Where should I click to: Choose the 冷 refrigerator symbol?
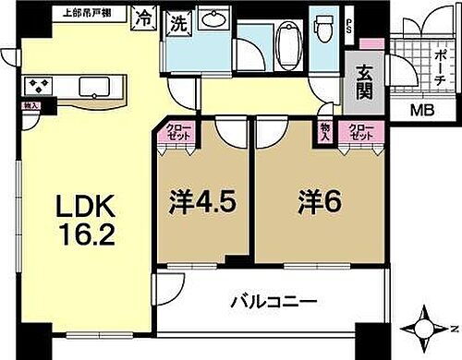click(x=146, y=16)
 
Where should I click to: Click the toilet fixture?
click(x=324, y=33)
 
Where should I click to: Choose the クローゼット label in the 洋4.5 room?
click(x=176, y=132)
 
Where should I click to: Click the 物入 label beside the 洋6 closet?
click(x=325, y=132)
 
